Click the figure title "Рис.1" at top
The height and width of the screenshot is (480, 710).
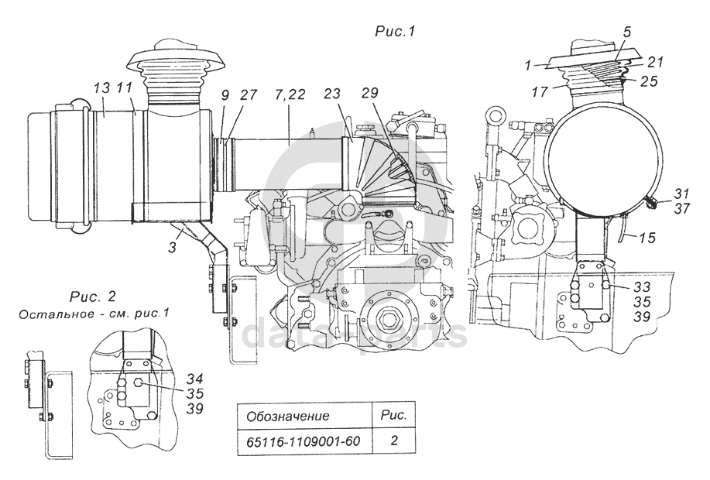(395, 31)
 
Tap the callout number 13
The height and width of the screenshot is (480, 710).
(102, 89)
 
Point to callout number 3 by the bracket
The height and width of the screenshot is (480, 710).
(173, 246)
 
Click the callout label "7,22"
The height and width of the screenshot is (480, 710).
(290, 94)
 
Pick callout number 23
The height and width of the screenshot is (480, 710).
(332, 94)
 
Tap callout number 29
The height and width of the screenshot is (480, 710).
(370, 93)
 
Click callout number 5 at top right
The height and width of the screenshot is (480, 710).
(627, 32)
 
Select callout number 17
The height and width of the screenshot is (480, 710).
(540, 92)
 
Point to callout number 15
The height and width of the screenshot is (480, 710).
(648, 237)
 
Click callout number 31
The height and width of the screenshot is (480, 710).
(681, 194)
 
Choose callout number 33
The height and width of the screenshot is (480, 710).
(642, 286)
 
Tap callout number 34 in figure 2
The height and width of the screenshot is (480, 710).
(194, 378)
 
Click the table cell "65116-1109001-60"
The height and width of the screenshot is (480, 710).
(303, 441)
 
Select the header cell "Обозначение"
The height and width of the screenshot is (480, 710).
(287, 416)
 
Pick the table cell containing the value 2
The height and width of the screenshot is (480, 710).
(394, 441)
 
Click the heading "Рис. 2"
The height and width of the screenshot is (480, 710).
(93, 297)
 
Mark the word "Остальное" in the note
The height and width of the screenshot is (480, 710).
(47, 314)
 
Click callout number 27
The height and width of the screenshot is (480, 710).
(248, 94)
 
